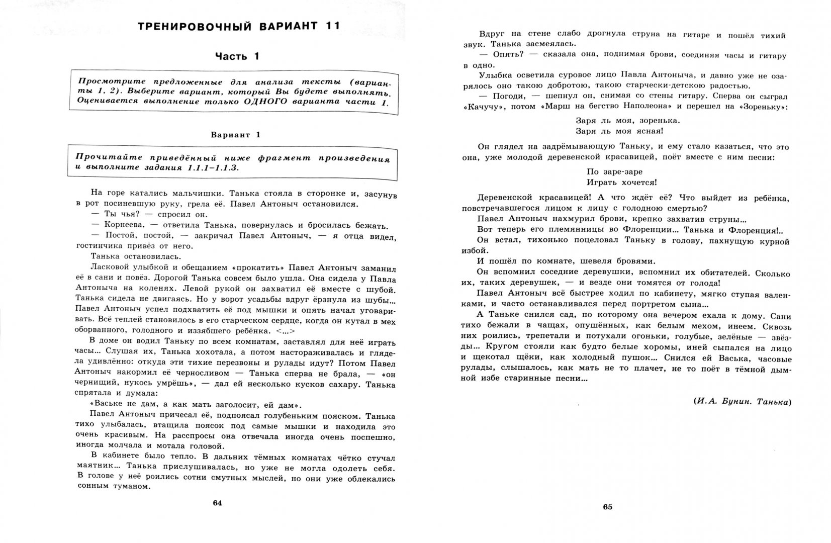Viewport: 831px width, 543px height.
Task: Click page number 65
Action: [x=607, y=506]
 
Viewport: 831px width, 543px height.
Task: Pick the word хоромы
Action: [x=586, y=348]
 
